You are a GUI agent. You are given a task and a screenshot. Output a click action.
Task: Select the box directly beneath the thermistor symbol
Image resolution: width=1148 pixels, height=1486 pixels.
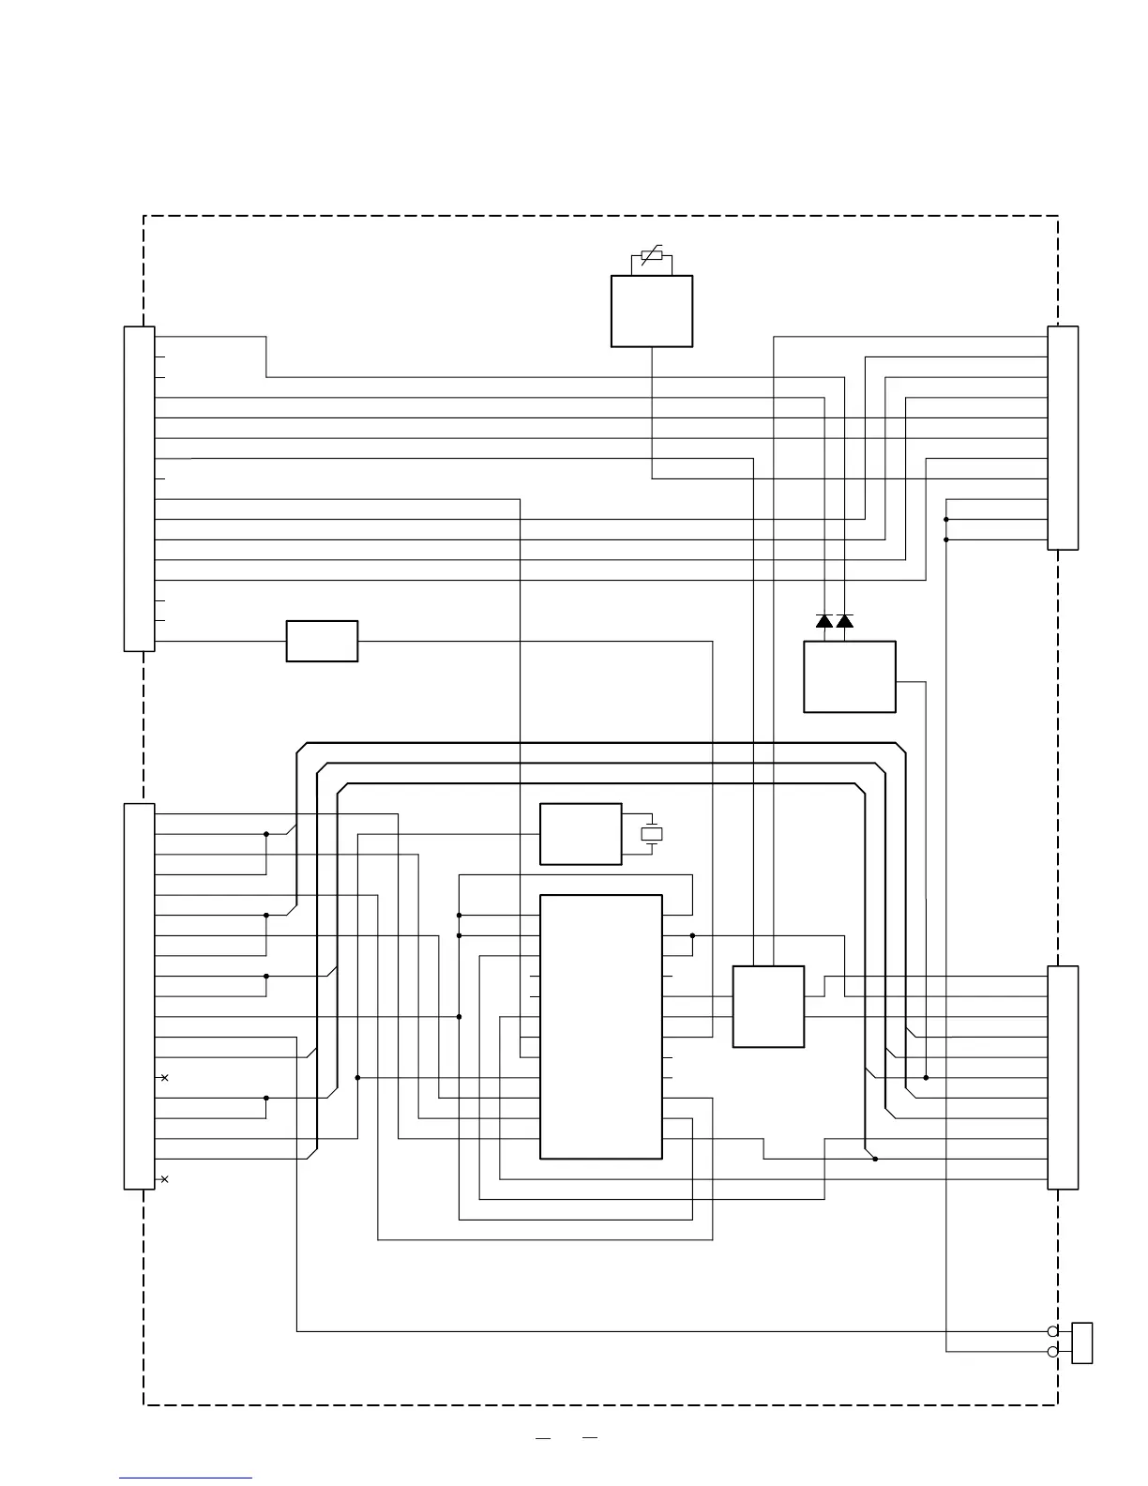point(652,311)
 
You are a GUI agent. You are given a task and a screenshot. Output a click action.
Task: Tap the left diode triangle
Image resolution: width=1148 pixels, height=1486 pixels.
point(824,621)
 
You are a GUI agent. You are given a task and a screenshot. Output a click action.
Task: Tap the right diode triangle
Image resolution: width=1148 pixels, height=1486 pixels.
point(845,621)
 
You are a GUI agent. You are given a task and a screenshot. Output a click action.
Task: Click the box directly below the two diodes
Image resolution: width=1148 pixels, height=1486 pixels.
point(850,676)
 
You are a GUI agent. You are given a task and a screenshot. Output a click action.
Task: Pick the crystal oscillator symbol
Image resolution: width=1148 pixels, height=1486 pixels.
point(651,833)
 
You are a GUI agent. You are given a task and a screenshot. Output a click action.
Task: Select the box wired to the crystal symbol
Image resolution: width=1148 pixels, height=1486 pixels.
point(581,833)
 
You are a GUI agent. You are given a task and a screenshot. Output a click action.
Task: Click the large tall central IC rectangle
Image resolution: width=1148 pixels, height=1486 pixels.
point(601,1026)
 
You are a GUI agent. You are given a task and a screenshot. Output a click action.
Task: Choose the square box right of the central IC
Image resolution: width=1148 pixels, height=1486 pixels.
point(768,1006)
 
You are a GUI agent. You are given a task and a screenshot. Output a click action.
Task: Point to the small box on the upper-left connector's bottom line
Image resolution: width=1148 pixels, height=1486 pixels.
point(322,641)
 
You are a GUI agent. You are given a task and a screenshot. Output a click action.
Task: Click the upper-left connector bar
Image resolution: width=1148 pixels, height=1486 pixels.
point(139,488)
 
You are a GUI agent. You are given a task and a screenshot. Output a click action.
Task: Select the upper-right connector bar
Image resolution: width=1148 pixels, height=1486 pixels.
point(1063,437)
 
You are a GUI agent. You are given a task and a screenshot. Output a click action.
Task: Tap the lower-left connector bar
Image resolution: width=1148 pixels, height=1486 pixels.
point(139,995)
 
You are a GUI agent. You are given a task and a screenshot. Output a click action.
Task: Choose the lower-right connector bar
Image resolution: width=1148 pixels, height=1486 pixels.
point(1063,1076)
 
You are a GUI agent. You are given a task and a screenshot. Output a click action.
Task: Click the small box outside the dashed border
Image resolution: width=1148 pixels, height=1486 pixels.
point(1082,1342)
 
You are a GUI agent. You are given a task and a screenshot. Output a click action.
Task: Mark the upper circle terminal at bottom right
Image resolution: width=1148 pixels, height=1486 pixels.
point(1052,1331)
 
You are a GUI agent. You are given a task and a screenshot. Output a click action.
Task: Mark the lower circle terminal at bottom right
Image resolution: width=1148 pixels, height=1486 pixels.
point(1052,1352)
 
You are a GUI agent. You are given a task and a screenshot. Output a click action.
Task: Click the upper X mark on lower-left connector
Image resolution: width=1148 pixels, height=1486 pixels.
point(164,1078)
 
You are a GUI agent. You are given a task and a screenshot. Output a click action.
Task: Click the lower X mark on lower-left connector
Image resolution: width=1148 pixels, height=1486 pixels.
point(164,1179)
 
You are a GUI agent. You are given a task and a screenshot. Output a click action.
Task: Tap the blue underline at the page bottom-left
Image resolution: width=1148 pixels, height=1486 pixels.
point(186,1478)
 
